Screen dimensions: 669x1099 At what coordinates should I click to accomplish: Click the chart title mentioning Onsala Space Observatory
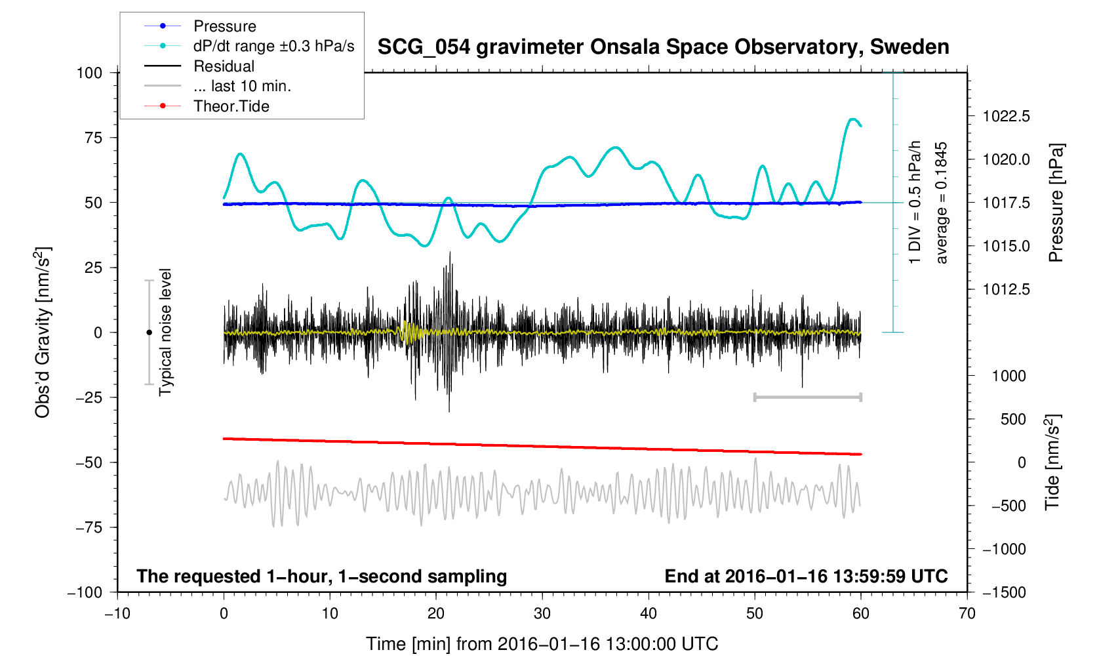point(663,47)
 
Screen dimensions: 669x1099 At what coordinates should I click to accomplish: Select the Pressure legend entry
point(224,26)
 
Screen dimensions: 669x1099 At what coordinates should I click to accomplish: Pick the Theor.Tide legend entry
point(231,106)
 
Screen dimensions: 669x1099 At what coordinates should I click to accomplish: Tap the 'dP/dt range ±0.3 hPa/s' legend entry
point(273,46)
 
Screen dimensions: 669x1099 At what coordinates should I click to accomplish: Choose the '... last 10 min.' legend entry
point(242,86)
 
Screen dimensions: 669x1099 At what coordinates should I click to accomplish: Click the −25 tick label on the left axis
point(89,397)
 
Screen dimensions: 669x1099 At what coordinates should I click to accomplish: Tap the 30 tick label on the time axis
point(542,614)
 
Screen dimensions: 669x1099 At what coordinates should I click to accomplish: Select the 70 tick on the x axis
point(967,614)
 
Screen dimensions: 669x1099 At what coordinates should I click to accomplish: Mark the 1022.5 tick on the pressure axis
point(1006,117)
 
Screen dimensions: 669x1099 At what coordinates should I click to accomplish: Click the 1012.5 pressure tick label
point(1006,289)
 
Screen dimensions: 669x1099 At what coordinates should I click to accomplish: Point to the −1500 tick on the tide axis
point(1004,592)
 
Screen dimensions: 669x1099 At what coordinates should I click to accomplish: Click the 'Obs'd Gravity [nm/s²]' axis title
point(43,333)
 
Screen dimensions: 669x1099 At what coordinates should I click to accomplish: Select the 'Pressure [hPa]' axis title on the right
point(1056,203)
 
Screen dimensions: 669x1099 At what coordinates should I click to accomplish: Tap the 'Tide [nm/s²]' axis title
point(1052,462)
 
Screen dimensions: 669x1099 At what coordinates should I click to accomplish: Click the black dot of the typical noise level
point(149,333)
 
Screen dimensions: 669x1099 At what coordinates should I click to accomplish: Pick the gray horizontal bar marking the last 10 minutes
point(807,397)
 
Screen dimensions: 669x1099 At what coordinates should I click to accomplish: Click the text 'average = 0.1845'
point(942,203)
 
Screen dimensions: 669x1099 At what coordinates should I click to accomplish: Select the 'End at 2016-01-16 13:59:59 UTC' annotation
point(806,577)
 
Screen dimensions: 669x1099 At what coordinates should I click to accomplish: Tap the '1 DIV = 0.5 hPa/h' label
point(915,203)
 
